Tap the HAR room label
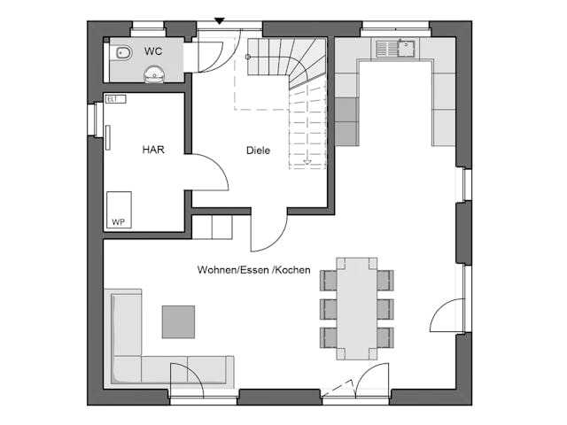(x=153, y=150)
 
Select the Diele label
(x=258, y=151)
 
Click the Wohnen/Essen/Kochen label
(x=253, y=270)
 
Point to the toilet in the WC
(x=123, y=54)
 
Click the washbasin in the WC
(x=155, y=74)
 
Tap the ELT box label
(x=112, y=99)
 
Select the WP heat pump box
(x=119, y=211)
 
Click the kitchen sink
(x=392, y=48)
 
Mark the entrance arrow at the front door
(x=219, y=21)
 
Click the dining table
(x=356, y=308)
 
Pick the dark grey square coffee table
(x=178, y=321)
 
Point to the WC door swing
(x=213, y=55)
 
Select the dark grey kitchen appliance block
(x=346, y=120)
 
